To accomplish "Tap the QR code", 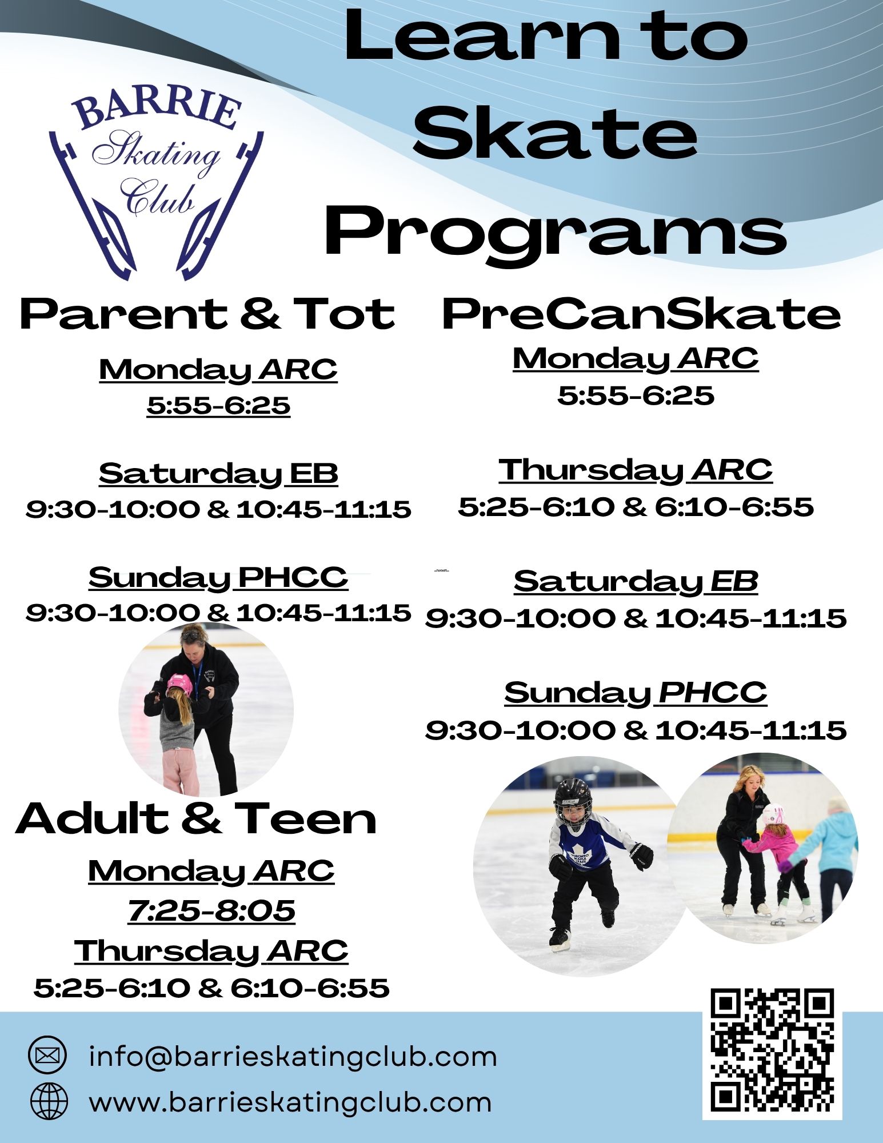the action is pos(772,1054).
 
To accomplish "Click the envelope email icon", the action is pos(47,1054).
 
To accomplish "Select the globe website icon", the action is pos(49,1101).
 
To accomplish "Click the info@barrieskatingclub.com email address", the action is pos(293,1056).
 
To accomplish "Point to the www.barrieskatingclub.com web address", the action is pos(290,1101).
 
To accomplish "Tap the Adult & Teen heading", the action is pos(196,818).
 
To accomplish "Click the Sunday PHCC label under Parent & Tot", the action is pos(218,578).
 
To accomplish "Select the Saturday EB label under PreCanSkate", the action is pos(636,582).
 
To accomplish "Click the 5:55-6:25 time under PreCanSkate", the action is pos(636,395).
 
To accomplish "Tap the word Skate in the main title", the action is pos(556,133).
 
